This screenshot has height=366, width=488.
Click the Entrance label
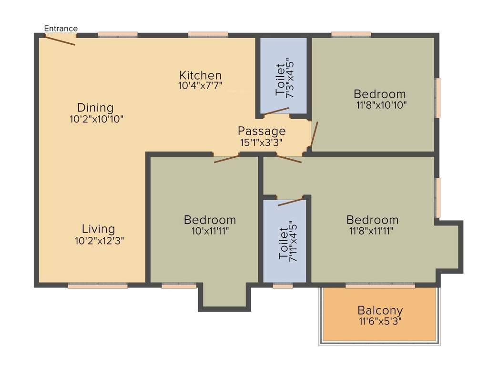[x=61, y=29]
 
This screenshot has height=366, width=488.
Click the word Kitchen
[x=200, y=75]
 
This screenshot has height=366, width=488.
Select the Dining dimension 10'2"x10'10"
[x=96, y=119]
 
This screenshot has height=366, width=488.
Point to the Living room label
[x=98, y=229]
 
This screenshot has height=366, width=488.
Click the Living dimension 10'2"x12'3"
[x=100, y=241]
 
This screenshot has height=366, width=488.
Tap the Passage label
[x=262, y=131]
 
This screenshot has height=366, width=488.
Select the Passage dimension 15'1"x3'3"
[x=262, y=142]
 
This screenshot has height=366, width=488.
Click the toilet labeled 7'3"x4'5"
[x=284, y=76]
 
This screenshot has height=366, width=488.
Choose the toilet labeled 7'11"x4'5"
[x=284, y=242]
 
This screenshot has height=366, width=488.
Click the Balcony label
[x=380, y=311]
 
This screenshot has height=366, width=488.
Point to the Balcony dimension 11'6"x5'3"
[x=380, y=321]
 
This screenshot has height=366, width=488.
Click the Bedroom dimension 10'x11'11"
[x=210, y=231]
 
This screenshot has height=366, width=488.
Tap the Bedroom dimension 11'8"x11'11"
[x=372, y=231]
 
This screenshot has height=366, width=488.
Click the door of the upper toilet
[x=276, y=111]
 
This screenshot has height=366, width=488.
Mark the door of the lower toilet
[x=290, y=202]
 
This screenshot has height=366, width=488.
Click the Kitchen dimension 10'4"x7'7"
[x=200, y=86]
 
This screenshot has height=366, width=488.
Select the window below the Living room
[x=98, y=286]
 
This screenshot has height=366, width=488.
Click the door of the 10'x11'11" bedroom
[x=226, y=159]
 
